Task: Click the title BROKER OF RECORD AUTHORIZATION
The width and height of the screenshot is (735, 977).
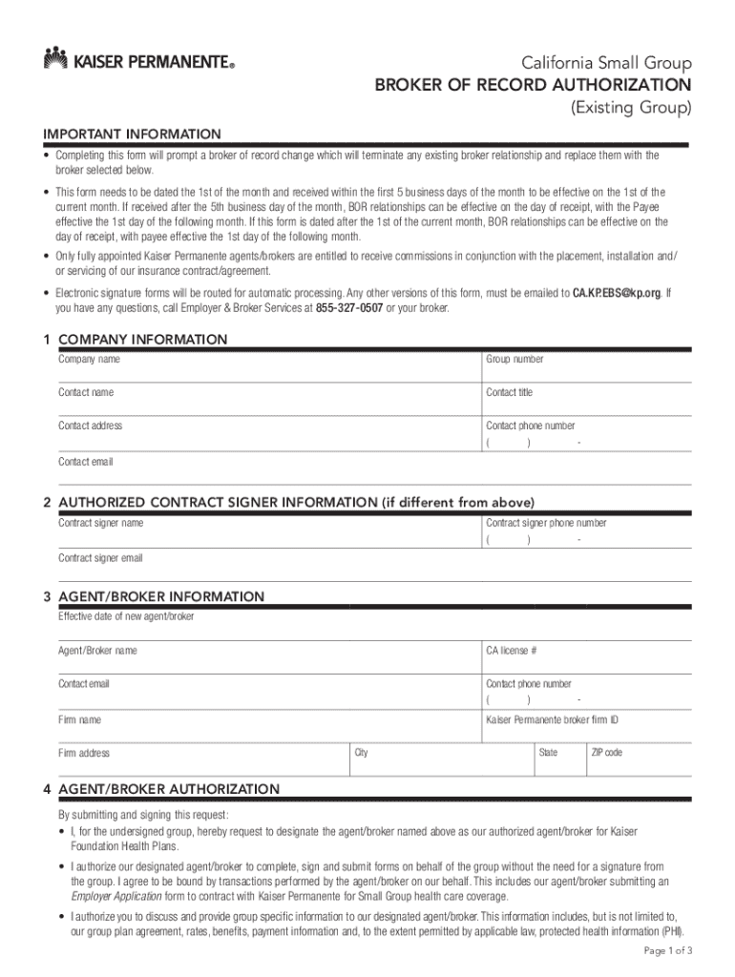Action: pyautogui.click(x=533, y=87)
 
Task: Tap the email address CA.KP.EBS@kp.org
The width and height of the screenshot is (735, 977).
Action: pyautogui.click(x=617, y=293)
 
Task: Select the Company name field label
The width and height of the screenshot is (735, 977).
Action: pyautogui.click(x=90, y=360)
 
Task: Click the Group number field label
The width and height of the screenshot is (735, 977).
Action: pyautogui.click(x=514, y=360)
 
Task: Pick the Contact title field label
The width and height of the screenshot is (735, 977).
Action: pyautogui.click(x=510, y=392)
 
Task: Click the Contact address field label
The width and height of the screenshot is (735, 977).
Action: pyautogui.click(x=91, y=426)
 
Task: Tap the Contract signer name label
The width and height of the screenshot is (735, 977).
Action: pyautogui.click(x=101, y=523)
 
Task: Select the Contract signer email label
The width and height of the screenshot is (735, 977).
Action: pyautogui.click(x=100, y=558)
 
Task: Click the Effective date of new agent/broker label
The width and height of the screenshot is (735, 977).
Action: pyautogui.click(x=126, y=616)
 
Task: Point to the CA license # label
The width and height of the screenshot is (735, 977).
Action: pyautogui.click(x=512, y=651)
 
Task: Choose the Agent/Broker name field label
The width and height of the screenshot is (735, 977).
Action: pyautogui.click(x=97, y=651)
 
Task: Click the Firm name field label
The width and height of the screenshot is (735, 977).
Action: pyautogui.click(x=80, y=719)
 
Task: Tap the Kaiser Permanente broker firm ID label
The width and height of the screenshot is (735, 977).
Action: pyautogui.click(x=553, y=719)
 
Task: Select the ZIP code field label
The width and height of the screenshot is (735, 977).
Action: pyautogui.click(x=607, y=753)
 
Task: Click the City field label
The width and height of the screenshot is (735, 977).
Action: pyautogui.click(x=362, y=753)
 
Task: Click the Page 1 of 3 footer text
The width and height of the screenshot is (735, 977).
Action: pyautogui.click(x=668, y=951)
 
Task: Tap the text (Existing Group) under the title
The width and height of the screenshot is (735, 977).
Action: pyautogui.click(x=631, y=109)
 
